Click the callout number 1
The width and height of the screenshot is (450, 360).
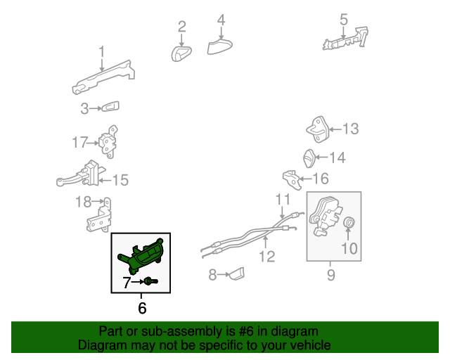pos(101,52)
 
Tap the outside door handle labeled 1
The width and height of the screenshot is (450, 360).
pos(103,77)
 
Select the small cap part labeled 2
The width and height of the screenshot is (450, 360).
pos(181,53)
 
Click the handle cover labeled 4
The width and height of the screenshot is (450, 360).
pos(219,46)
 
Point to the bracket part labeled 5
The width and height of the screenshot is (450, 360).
pos(345,39)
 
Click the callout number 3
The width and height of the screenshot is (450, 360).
pos(84,108)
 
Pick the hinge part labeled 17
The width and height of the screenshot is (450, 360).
pos(108,141)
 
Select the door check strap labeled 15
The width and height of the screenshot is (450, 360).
pos(82,174)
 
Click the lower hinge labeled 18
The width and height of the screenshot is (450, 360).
pos(99,215)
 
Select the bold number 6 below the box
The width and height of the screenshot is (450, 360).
pos(142,308)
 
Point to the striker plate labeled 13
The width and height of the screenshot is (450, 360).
pos(318,129)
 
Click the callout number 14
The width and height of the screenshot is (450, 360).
pos(337,157)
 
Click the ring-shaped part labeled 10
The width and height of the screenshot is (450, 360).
pos(349,222)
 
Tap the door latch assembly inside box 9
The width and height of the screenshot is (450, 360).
pos(325,216)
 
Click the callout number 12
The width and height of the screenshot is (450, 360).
pos(267,257)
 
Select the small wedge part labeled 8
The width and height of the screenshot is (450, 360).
pos(237,274)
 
